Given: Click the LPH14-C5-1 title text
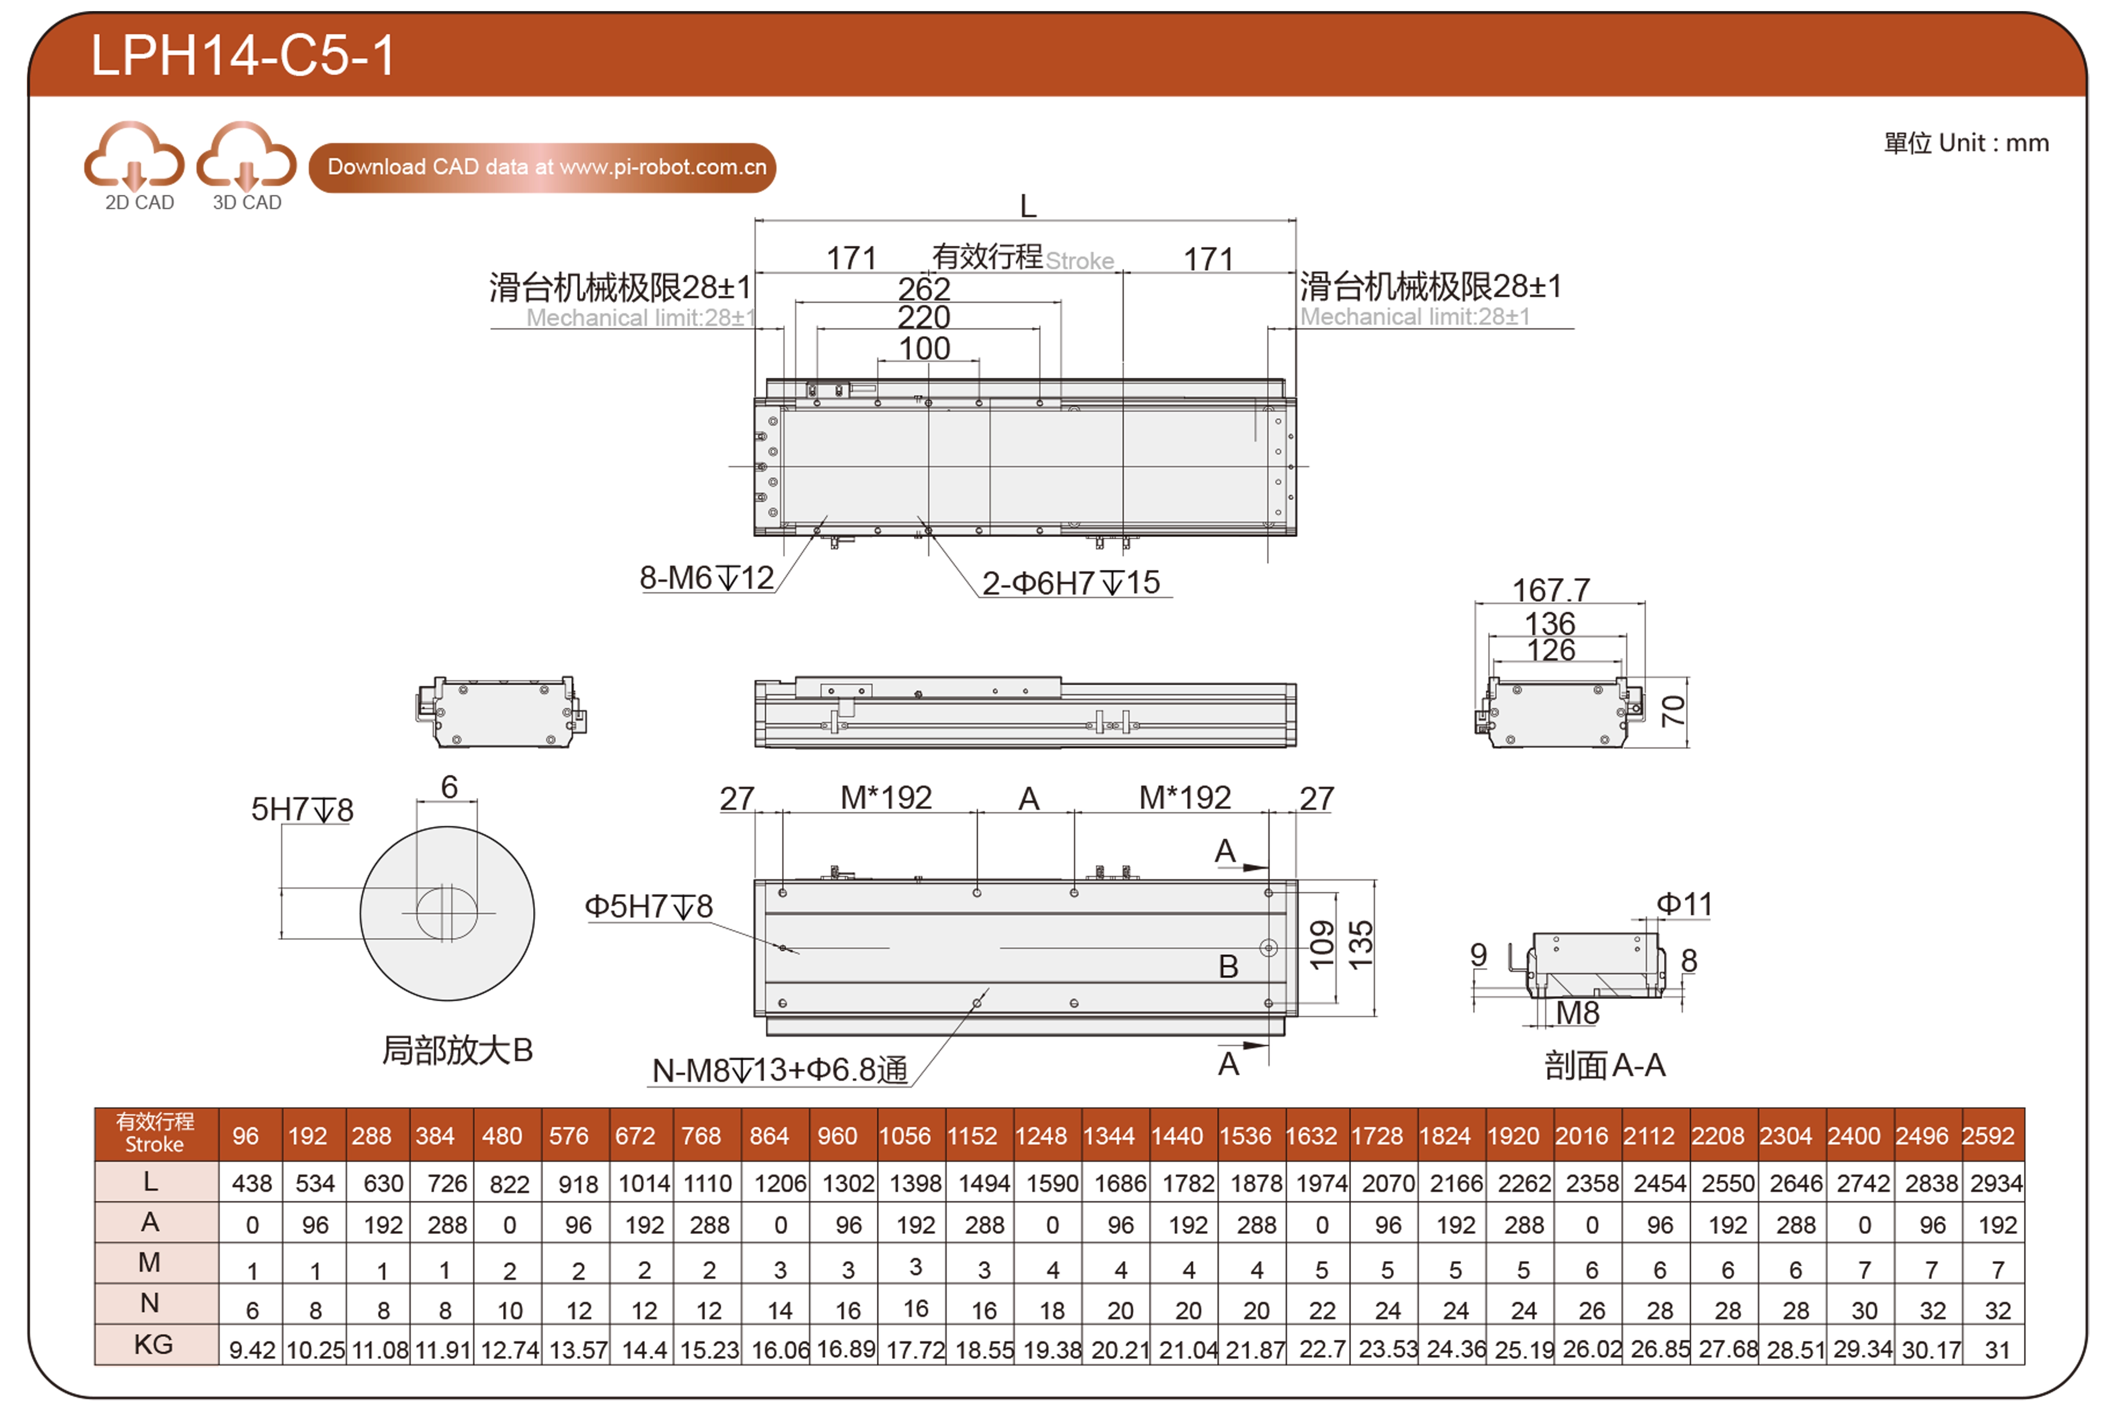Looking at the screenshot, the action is pos(243,56).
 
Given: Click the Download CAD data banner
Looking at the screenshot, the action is pos(543,167).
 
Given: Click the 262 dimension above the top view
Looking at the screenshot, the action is pos(924,289).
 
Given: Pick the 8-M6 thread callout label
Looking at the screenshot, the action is pos(706,578).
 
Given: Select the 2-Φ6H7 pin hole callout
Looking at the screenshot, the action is pos(1071,583).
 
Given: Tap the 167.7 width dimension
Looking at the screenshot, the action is pos(1551,591).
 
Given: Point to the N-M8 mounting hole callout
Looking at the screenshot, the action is pos(780,1070).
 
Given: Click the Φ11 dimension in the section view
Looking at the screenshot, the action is pos(1684,903).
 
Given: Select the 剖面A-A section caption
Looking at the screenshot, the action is pos(1605,1065).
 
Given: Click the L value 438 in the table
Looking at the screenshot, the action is pos(252,1183).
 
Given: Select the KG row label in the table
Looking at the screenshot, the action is pos(153,1344).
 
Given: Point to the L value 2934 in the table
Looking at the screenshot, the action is pos(1997,1183).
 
